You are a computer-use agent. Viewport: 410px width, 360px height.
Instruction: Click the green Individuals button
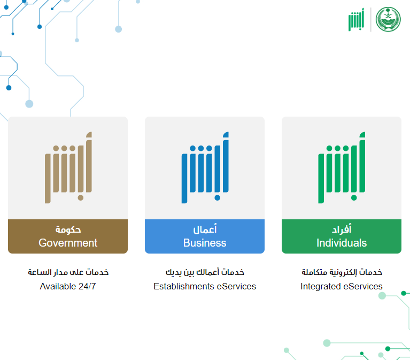click(x=342, y=236)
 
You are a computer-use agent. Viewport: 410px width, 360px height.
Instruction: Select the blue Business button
click(x=205, y=236)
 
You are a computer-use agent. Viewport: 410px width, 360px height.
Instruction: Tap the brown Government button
click(x=68, y=236)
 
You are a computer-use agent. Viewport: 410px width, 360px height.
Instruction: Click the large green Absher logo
click(x=342, y=167)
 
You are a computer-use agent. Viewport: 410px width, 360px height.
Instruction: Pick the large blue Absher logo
click(x=205, y=167)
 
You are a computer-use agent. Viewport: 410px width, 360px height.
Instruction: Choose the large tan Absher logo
click(x=68, y=167)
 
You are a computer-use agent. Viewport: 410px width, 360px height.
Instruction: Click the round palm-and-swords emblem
click(x=388, y=19)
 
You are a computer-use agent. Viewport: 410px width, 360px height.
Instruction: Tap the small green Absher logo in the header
click(x=356, y=20)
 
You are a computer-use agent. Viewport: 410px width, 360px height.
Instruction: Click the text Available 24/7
click(x=68, y=287)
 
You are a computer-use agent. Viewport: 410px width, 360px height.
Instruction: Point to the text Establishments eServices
click(x=205, y=287)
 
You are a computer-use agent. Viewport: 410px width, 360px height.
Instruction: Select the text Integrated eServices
click(x=342, y=287)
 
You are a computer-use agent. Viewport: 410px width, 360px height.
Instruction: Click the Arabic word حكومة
click(x=68, y=229)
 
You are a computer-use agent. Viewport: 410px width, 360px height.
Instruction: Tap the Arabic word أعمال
click(x=205, y=229)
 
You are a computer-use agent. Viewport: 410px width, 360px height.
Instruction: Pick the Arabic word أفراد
click(x=342, y=229)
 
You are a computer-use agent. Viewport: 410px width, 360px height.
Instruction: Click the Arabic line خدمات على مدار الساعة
click(x=68, y=272)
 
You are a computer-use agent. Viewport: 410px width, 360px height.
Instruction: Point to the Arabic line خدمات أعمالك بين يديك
click(x=205, y=272)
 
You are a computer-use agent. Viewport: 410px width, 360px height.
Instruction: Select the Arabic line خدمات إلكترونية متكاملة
click(x=342, y=272)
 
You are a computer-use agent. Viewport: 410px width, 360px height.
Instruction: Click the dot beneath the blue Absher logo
click(x=217, y=198)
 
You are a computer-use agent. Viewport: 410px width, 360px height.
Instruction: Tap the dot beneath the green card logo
click(x=354, y=198)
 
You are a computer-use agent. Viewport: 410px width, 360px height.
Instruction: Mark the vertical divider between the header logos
click(x=371, y=20)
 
